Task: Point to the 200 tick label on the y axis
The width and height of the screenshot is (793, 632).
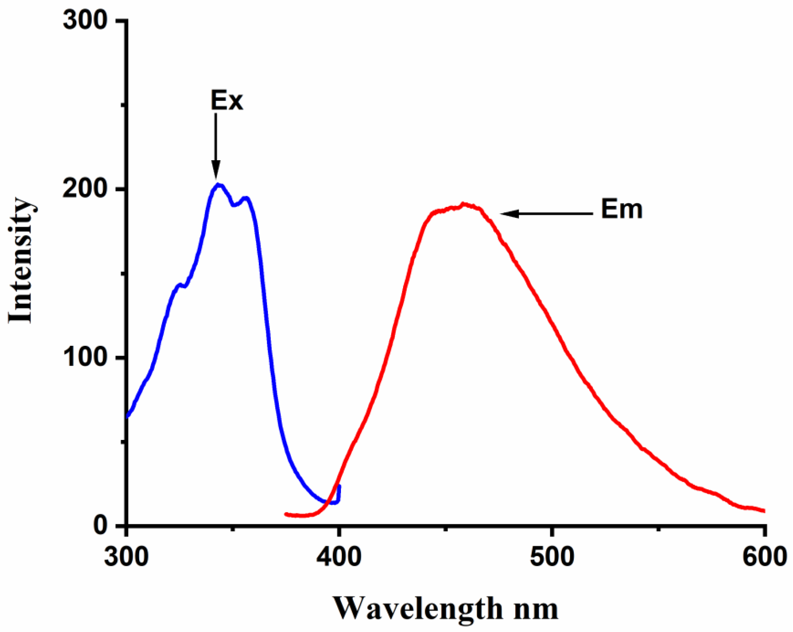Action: [x=85, y=189]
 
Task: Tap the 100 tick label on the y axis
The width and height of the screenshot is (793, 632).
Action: [x=85, y=358]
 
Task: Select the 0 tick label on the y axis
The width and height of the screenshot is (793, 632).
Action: [x=101, y=525]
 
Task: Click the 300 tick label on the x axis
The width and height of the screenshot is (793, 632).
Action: [x=127, y=556]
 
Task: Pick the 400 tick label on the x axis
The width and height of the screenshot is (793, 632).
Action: [x=339, y=556]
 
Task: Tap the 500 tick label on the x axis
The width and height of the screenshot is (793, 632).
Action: [x=552, y=556]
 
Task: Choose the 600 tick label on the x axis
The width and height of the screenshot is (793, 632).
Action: [x=764, y=556]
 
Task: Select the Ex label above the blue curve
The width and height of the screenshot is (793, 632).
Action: [x=227, y=100]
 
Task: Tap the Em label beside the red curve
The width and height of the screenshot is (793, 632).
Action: [x=621, y=209]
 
